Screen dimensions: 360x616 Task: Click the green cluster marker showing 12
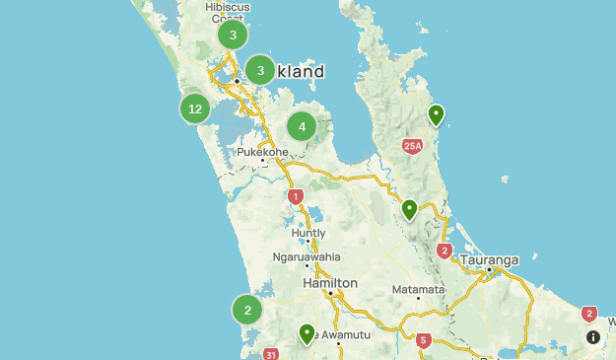pyautogui.click(x=195, y=108)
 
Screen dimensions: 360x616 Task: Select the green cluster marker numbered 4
pyautogui.click(x=302, y=126)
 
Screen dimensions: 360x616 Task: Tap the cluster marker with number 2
pyautogui.click(x=247, y=311)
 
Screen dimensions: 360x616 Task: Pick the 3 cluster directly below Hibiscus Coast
pyautogui.click(x=233, y=36)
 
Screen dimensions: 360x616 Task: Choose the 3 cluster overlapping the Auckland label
pyautogui.click(x=260, y=70)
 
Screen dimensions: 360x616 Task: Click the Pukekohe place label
pyautogui.click(x=262, y=153)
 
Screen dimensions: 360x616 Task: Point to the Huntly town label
pyautogui.click(x=308, y=233)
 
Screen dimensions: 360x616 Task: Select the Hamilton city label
pyautogui.click(x=330, y=283)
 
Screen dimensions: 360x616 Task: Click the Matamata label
pyautogui.click(x=418, y=289)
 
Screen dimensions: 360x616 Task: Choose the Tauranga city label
pyautogui.click(x=488, y=260)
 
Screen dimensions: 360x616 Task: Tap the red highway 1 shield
pyautogui.click(x=295, y=196)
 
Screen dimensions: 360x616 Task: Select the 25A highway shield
pyautogui.click(x=412, y=147)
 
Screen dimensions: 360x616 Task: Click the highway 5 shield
pyautogui.click(x=424, y=341)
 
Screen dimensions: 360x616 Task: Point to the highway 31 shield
pyautogui.click(x=272, y=354)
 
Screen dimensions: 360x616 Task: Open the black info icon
pyautogui.click(x=592, y=337)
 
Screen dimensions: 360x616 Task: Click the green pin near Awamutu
pyautogui.click(x=308, y=334)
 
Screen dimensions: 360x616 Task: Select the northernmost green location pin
pyautogui.click(x=437, y=115)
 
